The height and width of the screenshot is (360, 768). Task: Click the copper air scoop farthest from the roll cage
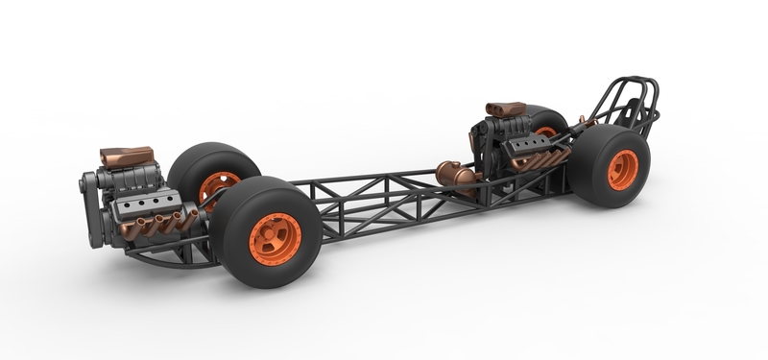tap(126, 156)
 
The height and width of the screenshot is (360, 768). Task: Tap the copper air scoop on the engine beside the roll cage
tap(505, 108)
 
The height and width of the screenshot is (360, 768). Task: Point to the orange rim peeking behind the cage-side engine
tap(546, 132)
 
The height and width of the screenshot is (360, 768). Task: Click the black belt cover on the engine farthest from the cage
tap(91, 206)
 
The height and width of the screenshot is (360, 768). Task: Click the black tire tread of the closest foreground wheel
tap(230, 230)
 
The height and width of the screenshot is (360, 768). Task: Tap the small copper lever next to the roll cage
tap(584, 122)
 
